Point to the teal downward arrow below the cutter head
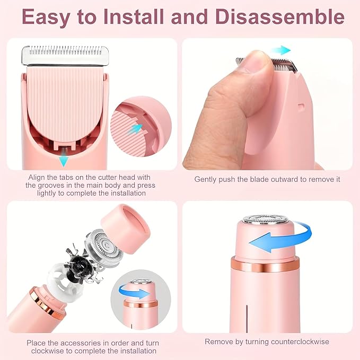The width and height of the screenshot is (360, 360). coord(64,160)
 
